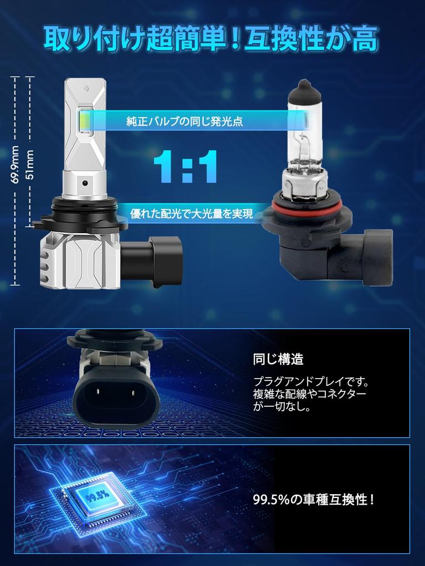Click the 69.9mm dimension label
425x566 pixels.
point(15,165)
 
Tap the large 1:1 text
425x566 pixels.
point(186,167)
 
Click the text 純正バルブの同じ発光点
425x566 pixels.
point(185,121)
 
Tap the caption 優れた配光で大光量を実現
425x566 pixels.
point(191,214)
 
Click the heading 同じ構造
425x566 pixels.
point(278,359)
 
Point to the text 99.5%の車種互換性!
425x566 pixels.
point(314,500)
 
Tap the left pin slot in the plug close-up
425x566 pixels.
point(97,392)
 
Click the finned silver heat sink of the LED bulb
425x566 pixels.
point(80,261)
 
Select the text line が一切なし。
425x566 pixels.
point(282,407)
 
